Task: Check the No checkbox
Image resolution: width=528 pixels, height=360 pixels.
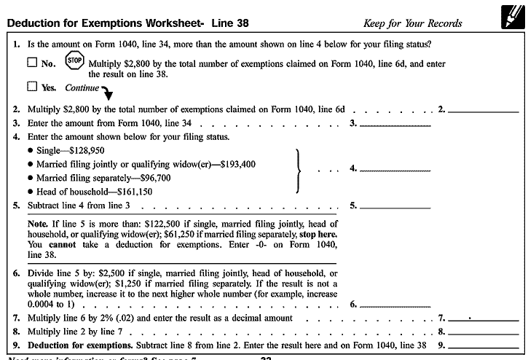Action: [31, 63]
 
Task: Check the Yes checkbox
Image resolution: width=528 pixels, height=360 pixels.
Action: [31, 87]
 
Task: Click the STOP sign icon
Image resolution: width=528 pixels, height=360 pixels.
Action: [74, 60]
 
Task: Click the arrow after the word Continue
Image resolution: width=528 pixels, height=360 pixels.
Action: [108, 92]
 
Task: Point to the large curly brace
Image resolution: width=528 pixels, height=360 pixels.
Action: [297, 171]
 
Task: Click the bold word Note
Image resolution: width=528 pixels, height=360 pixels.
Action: [38, 224]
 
